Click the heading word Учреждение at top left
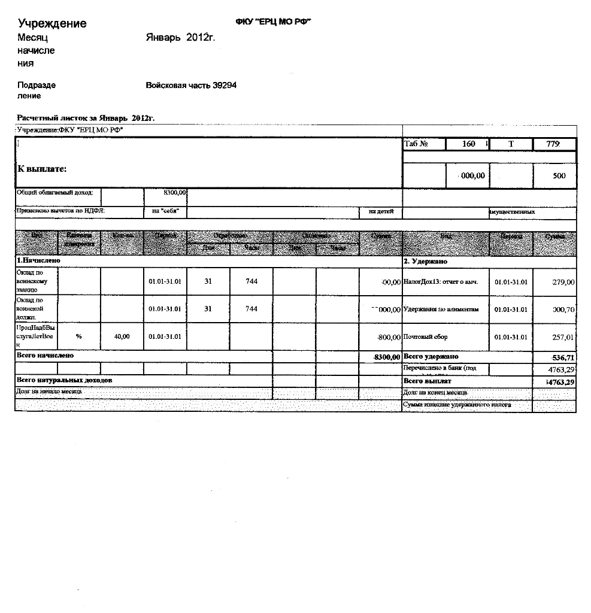pos(52,23)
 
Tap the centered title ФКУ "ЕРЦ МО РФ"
pos(274,22)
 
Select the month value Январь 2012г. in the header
pos(180,38)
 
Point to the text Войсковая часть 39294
pos(191,85)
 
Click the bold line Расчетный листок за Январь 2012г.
pos(86,118)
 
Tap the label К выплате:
pos(42,169)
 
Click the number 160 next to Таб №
pos(468,144)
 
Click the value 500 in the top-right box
pos(559,176)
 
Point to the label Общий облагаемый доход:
pos(54,193)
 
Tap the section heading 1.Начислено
pos(38,261)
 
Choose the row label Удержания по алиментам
pos(441,309)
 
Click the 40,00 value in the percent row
pos(122,337)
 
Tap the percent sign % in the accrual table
pos(79,336)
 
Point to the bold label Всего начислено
pos(46,356)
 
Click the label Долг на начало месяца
pos(49,391)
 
